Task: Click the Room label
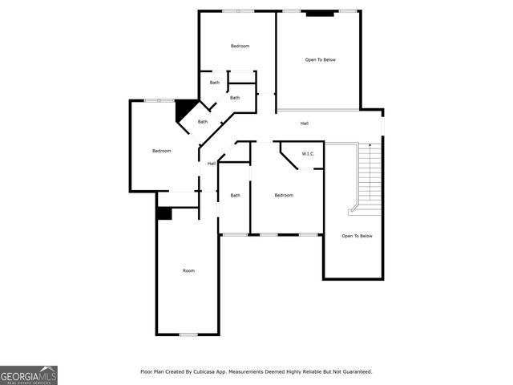188,271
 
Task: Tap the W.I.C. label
308,153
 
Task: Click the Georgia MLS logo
29,375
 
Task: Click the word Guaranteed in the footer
354,372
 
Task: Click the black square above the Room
164,213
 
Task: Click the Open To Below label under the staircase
357,236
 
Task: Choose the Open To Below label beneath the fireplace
320,60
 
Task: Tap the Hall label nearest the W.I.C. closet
305,124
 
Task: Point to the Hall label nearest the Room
212,164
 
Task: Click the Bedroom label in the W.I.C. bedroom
284,196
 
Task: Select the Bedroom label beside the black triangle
162,151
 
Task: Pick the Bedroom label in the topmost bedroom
240,47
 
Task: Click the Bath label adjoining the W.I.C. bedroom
236,196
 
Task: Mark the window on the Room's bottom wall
188,334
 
